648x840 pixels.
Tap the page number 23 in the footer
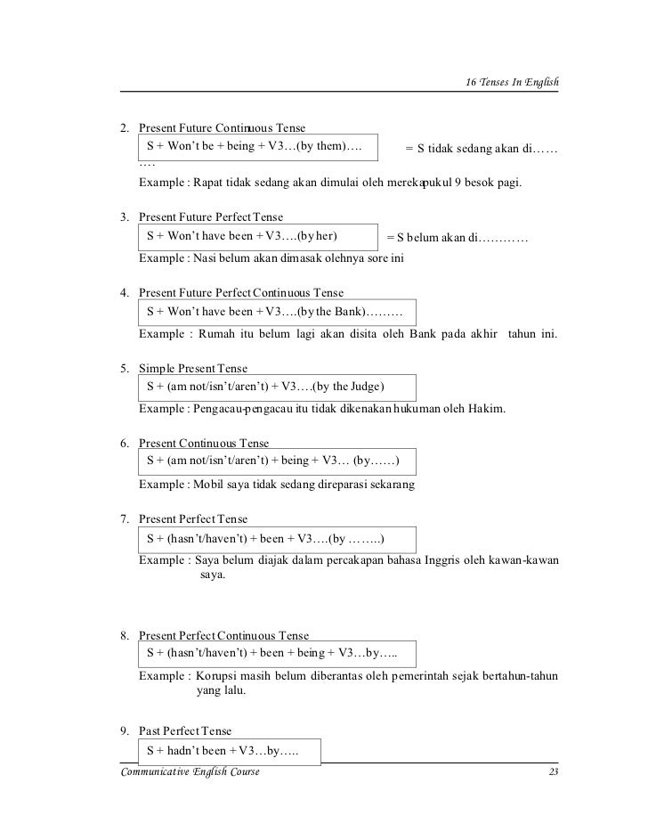tap(553, 771)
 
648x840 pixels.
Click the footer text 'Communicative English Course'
tap(183, 771)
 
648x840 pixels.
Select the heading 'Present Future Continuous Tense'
tap(222, 128)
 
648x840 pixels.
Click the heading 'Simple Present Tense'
tap(193, 369)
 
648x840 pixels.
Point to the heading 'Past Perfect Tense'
tap(184, 731)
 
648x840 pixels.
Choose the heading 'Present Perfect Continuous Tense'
tap(224, 635)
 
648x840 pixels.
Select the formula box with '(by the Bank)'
tap(277, 312)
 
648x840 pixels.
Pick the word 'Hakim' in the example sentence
tap(485, 410)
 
